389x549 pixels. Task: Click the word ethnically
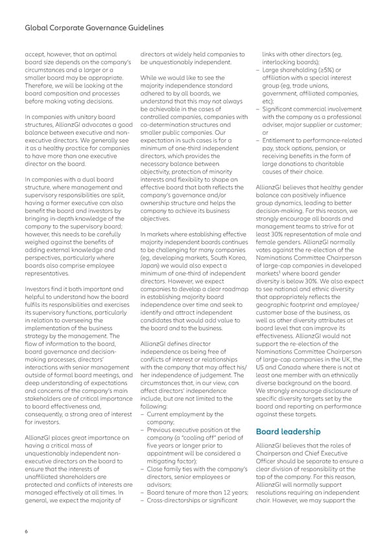point(350,366)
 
